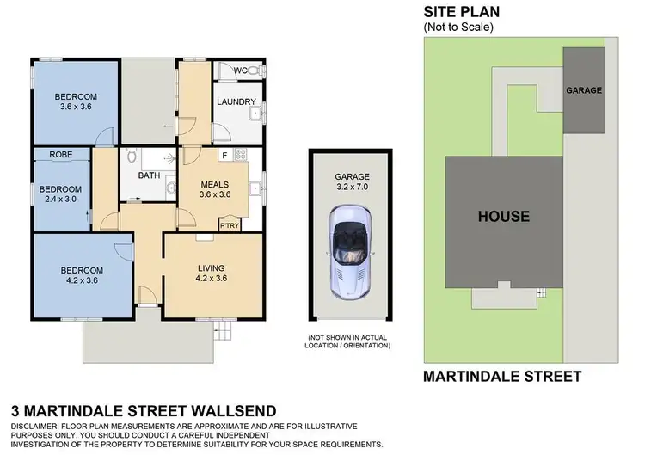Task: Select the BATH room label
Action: [149, 175]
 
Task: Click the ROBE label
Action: [60, 155]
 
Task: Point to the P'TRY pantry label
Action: [229, 225]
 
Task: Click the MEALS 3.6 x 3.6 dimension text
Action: [214, 194]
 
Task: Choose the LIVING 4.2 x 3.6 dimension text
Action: [211, 279]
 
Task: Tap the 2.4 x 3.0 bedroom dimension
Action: [59, 200]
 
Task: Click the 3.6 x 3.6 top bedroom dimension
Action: [76, 108]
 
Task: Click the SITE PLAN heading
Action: [462, 12]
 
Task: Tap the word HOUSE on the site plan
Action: [503, 216]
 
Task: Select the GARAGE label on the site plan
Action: [584, 90]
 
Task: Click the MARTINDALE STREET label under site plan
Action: [502, 376]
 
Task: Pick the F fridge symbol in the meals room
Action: [224, 155]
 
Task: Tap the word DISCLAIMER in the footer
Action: [38, 427]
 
